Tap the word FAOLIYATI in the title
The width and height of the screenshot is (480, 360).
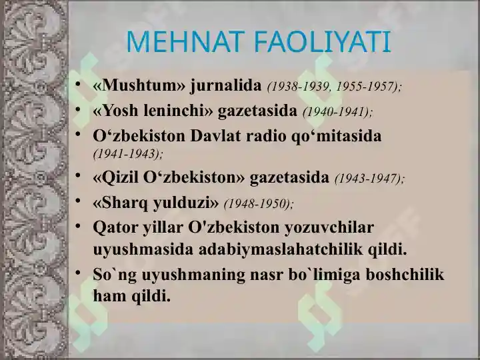tap(323, 41)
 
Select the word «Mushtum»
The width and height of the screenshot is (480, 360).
tap(139, 85)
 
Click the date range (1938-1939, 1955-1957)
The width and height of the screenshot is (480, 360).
tap(334, 87)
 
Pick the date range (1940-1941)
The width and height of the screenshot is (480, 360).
tap(337, 112)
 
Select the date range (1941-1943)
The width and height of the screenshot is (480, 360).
tap(128, 154)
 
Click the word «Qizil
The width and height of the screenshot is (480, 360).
tap(115, 177)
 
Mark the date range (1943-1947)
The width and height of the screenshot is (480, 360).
tap(370, 179)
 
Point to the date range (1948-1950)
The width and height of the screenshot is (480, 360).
tap(259, 204)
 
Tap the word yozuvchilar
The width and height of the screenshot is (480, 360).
tap(329, 228)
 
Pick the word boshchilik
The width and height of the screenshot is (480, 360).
tap(405, 274)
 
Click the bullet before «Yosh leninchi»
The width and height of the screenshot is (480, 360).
tap(78, 109)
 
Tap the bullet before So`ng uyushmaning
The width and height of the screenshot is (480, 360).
tap(78, 273)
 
